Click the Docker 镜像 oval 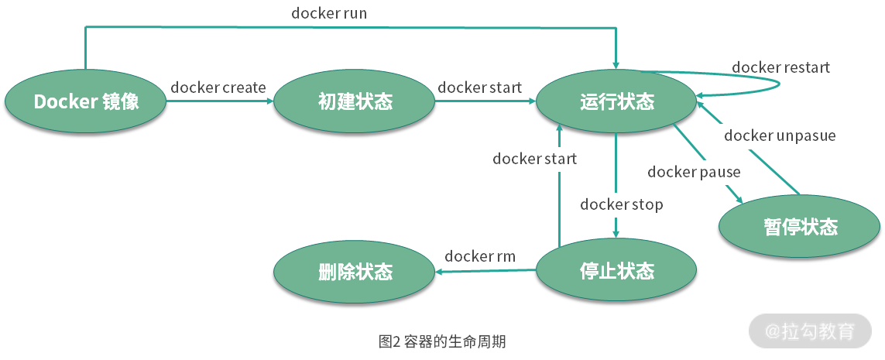(x=86, y=101)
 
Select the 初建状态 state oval (x=355, y=101)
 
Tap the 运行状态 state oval (x=616, y=101)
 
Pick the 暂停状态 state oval (x=800, y=227)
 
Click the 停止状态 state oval (x=616, y=271)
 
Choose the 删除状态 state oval (x=355, y=272)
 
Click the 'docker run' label (x=329, y=13)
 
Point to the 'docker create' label (x=218, y=87)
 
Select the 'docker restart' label (x=780, y=67)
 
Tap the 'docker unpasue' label (x=780, y=135)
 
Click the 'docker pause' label (x=694, y=172)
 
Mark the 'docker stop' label (x=622, y=204)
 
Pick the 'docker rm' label (x=480, y=256)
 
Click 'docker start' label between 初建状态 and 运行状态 (x=479, y=87)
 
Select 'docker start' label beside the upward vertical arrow (x=534, y=159)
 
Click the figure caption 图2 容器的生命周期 (x=442, y=341)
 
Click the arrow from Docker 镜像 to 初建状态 (x=220, y=101)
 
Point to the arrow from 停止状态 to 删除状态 (x=485, y=271)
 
